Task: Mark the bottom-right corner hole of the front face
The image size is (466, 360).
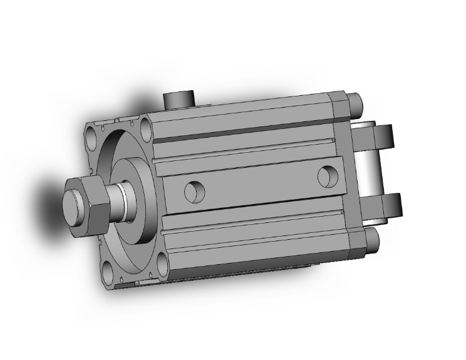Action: click(159, 261)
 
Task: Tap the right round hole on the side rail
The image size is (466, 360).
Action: click(326, 176)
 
